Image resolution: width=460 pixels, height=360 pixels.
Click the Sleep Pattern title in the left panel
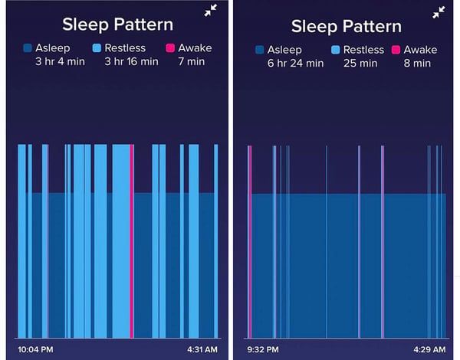coord(117,24)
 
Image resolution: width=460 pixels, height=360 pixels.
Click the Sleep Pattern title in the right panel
coord(346,25)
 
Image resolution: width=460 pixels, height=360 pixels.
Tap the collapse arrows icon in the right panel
coord(439,12)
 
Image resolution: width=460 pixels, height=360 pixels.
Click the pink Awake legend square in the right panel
coord(396,51)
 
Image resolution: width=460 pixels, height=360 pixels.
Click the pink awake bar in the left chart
coord(132,237)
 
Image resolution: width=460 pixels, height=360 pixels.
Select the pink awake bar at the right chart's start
coord(249,237)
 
